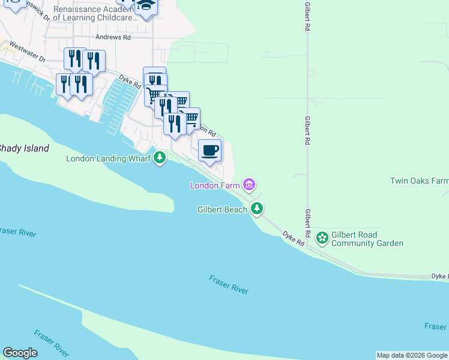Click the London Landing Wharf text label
tap(109, 158)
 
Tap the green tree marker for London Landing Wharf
tap(159, 158)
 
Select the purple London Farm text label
tap(215, 185)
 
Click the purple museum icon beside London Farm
tap(249, 184)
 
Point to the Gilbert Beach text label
tap(222, 209)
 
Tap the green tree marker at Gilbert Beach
tap(257, 208)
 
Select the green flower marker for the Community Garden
tap(322, 238)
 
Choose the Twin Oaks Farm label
tap(419, 181)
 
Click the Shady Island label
tap(24, 148)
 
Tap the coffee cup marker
tap(209, 150)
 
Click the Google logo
tap(20, 353)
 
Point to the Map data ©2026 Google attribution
tap(412, 355)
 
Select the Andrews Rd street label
tap(114, 37)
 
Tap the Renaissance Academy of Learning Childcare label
tap(95, 14)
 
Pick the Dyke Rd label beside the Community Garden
tap(294, 239)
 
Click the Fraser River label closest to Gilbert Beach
tap(229, 284)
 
